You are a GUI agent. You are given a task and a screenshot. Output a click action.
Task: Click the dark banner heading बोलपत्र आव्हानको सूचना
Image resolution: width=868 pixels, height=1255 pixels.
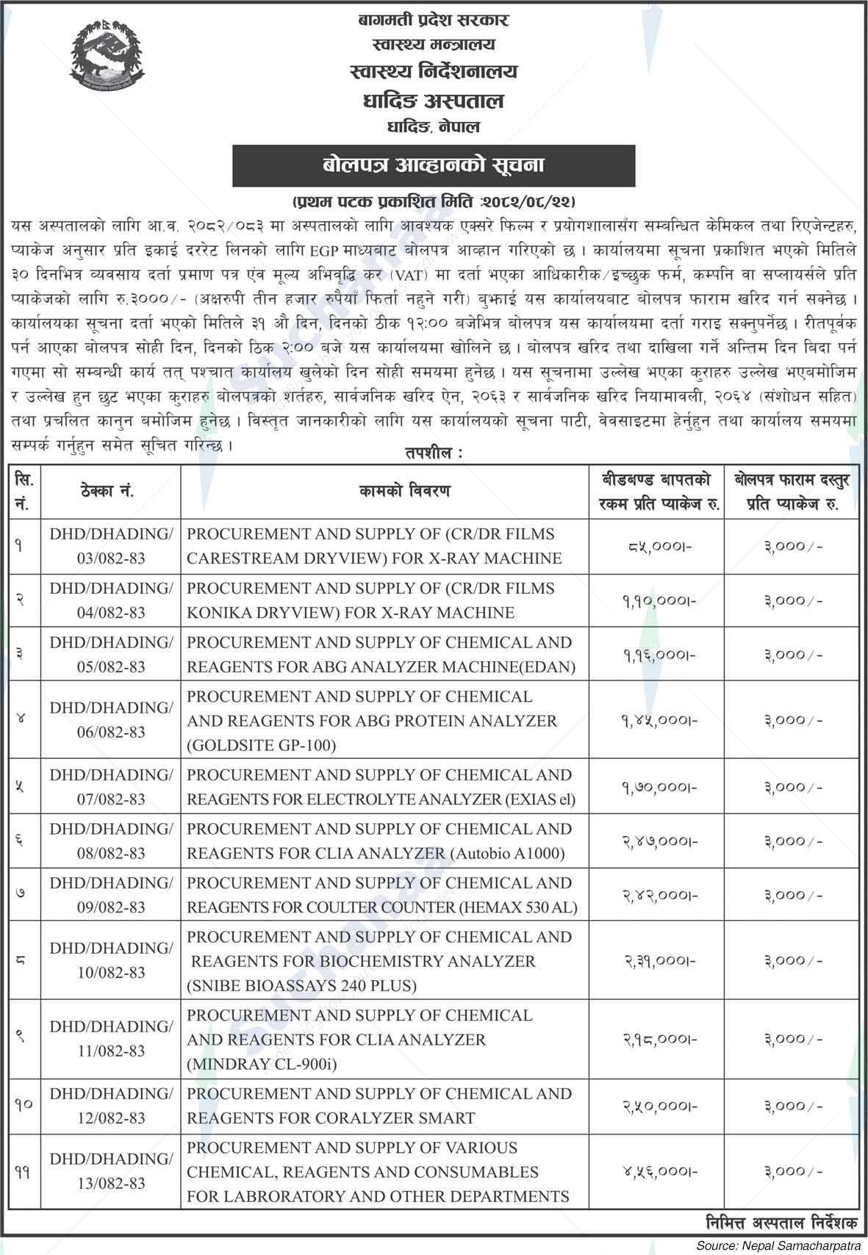pos(434,165)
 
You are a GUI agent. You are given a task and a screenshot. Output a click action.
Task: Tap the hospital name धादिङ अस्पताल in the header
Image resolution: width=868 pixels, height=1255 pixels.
pos(434,100)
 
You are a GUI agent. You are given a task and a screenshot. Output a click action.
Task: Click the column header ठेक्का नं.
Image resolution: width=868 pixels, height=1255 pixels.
pos(111,491)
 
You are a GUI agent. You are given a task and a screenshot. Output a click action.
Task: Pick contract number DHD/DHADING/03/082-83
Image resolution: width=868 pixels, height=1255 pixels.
pos(111,547)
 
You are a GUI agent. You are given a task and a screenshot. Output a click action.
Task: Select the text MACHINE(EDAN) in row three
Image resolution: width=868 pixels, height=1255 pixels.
pos(514,667)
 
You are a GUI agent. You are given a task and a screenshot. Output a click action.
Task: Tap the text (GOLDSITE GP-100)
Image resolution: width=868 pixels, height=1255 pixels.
pos(261,746)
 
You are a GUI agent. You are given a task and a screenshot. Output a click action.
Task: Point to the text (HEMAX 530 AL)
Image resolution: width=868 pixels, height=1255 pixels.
pos(519,908)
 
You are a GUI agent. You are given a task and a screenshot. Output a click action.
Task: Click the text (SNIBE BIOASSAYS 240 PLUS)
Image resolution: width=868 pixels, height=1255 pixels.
pos(301,986)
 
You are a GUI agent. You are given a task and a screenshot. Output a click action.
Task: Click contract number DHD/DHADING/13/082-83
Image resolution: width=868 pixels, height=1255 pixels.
pos(111,1171)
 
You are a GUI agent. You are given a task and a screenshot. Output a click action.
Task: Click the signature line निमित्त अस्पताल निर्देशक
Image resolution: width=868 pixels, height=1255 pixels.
pos(779,1223)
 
